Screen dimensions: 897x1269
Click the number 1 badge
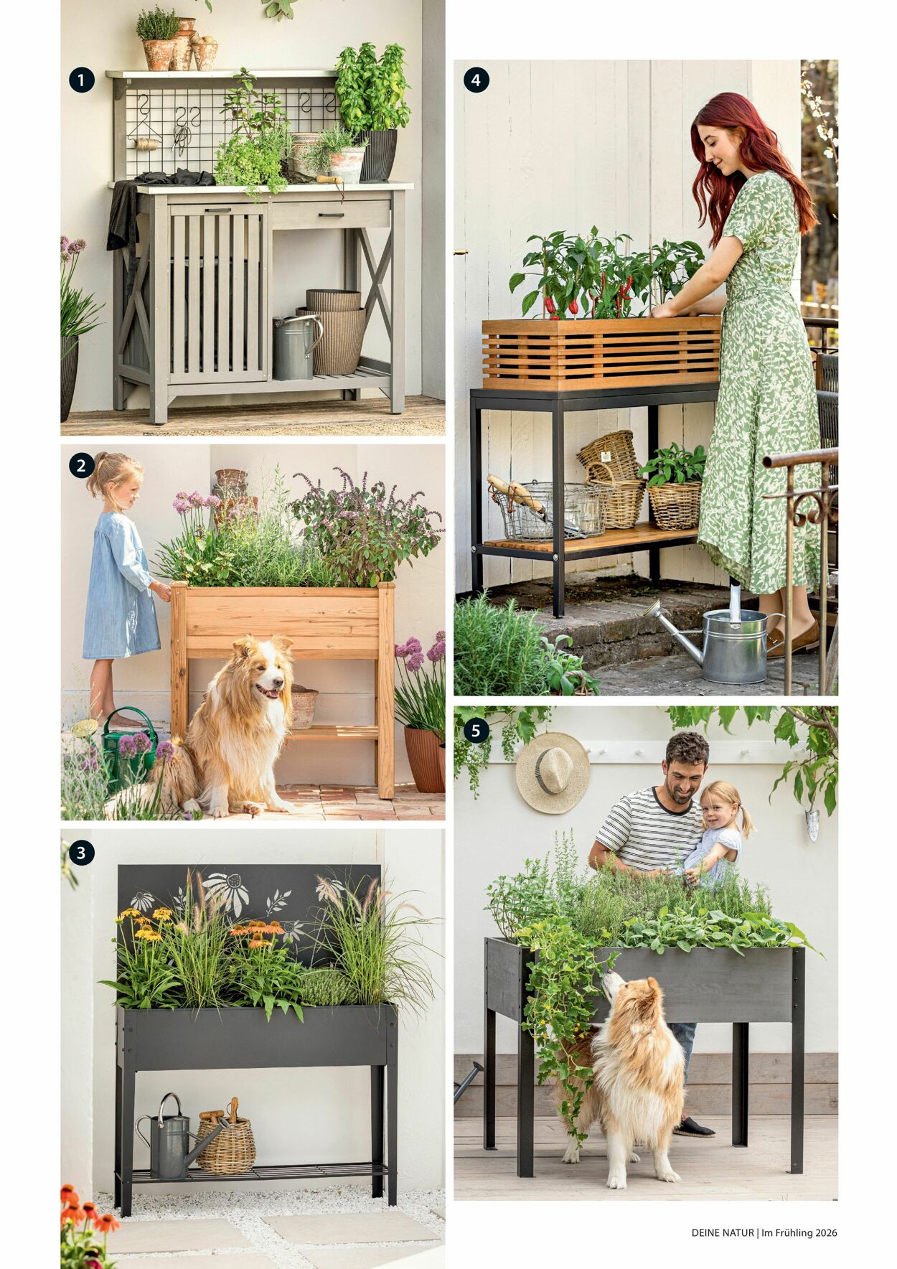[81, 80]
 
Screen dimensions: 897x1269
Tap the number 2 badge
[81, 466]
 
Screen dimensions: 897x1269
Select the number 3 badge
[81, 853]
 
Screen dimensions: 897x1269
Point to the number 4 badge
[476, 80]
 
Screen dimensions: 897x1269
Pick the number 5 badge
[476, 731]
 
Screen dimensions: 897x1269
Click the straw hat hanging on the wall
[553, 772]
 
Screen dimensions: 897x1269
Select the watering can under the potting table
[295, 347]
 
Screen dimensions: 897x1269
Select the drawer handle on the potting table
[332, 214]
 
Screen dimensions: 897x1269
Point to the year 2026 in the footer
[825, 1232]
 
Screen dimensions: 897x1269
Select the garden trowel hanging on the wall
[812, 824]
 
